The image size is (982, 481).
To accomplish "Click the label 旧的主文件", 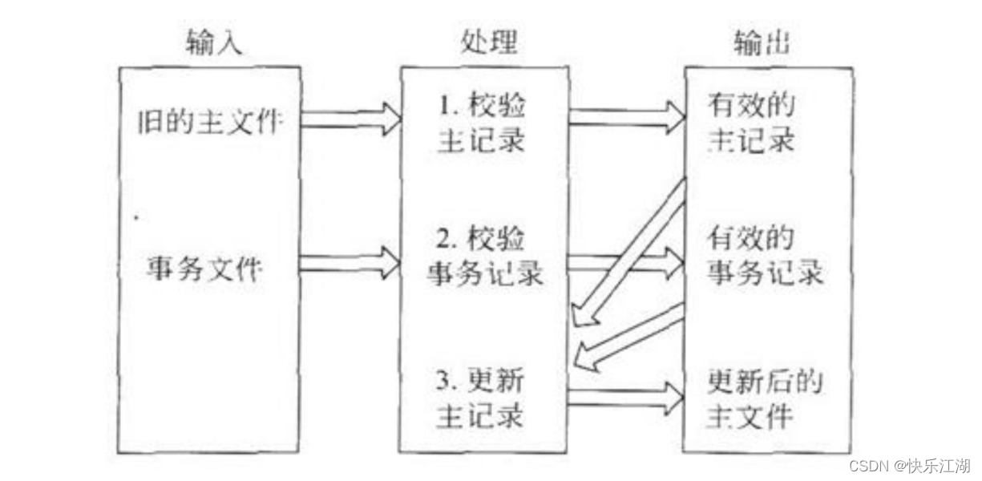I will tap(209, 122).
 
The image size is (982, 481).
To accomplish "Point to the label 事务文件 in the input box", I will tap(204, 269).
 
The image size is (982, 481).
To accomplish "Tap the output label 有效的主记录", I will tap(751, 123).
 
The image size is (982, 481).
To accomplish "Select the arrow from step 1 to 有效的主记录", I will tap(626, 117).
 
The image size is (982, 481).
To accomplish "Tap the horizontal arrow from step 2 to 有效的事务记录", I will tap(626, 264).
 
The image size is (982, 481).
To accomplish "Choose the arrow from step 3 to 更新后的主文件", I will tap(626, 394).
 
